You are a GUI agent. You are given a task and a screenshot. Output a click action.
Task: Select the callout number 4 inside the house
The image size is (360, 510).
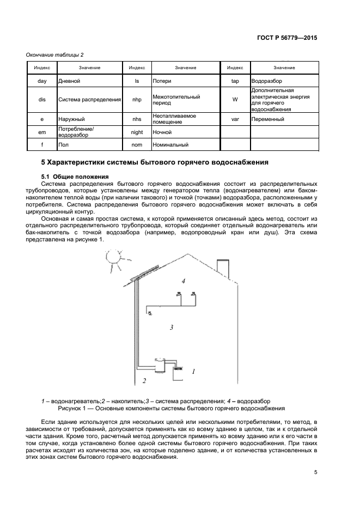184,281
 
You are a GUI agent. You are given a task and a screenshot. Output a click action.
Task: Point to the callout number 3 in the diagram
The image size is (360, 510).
171,327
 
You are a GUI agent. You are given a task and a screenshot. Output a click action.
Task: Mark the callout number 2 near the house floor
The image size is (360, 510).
144,380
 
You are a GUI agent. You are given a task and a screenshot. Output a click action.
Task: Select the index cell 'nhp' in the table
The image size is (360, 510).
137,100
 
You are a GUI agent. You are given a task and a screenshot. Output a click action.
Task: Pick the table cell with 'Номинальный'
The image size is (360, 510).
185,145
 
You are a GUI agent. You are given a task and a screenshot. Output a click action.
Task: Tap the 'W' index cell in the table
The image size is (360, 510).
235,100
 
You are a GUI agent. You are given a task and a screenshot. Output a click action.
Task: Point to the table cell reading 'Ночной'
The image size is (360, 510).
185,132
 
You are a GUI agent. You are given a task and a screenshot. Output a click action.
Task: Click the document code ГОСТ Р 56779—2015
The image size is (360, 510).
287,38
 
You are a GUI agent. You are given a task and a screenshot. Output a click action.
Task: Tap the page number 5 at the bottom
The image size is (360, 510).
315,472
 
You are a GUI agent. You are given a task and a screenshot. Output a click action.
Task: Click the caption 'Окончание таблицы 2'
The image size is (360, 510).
55,54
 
